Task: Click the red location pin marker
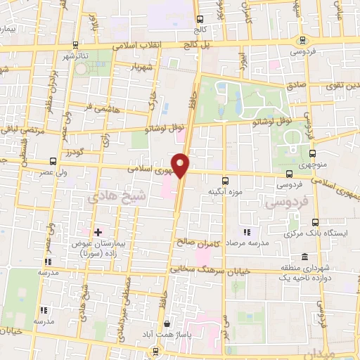click(181, 165)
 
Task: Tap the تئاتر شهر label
click(77, 56)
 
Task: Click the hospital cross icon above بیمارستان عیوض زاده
click(98, 232)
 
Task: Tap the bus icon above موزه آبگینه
click(225, 180)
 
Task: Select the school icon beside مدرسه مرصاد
click(246, 233)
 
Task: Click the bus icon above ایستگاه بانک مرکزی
click(315, 222)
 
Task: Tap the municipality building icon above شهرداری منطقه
click(304, 256)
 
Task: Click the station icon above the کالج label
click(200, 19)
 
